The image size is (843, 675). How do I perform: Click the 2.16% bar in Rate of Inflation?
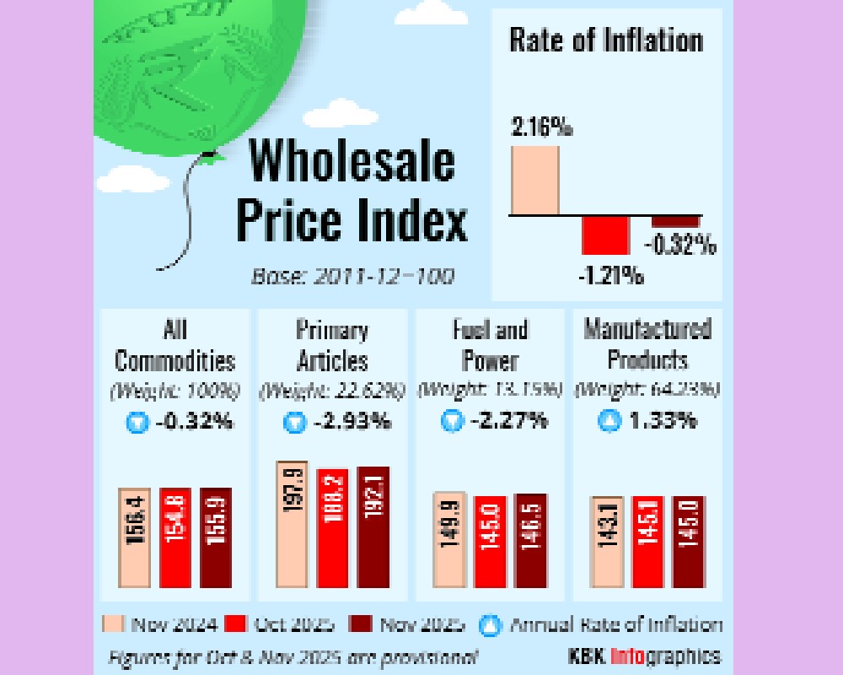pos(535,181)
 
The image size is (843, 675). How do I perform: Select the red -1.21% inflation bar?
pos(605,235)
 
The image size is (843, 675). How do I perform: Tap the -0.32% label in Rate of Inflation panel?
pos(681,246)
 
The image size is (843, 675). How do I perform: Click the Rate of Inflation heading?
pos(605,41)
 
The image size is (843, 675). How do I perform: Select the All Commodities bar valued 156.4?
pos(134,537)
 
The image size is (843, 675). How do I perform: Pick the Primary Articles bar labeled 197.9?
pos(293,525)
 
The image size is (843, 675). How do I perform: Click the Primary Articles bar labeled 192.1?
pos(373,526)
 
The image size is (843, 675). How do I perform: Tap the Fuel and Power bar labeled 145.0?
pos(491,542)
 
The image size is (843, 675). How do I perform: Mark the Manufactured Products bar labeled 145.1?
pos(647,542)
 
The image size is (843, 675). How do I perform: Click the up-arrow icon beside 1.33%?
pos(609,421)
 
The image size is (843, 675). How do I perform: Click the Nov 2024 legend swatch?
pos(114,624)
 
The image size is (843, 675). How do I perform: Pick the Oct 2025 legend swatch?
pos(236,624)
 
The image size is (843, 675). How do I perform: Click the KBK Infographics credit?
pos(644,656)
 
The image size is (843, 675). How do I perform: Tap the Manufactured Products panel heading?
pos(647,343)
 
